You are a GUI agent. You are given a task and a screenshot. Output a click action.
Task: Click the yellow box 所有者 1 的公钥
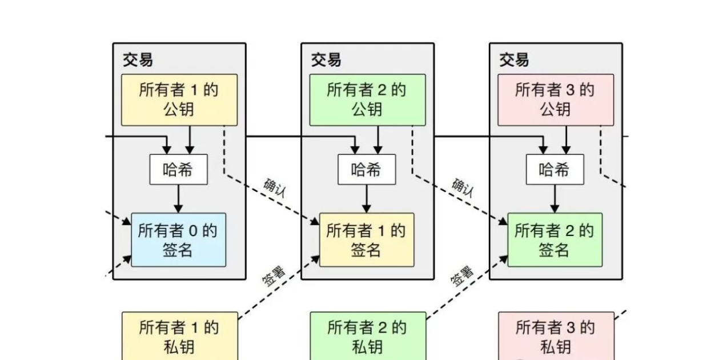(x=179, y=99)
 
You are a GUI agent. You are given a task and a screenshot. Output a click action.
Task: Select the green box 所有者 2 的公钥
(x=367, y=99)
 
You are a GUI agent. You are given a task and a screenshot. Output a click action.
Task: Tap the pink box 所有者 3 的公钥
(x=556, y=99)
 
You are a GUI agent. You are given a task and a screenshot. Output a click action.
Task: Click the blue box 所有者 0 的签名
(x=178, y=240)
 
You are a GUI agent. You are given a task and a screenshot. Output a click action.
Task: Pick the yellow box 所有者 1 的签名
(x=366, y=240)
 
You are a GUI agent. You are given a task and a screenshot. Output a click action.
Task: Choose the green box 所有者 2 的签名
(x=555, y=240)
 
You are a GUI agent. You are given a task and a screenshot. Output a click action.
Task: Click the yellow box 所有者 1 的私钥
(x=179, y=337)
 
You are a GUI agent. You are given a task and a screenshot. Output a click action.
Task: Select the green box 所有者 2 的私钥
(x=367, y=337)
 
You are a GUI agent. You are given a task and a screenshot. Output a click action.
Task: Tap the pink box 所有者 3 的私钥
(x=556, y=337)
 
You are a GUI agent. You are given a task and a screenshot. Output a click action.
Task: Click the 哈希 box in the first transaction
(x=178, y=170)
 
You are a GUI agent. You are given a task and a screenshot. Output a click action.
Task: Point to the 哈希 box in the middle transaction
(x=366, y=170)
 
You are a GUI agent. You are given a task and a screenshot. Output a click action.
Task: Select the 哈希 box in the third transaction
(x=555, y=170)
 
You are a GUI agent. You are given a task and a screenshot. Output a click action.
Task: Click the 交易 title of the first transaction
(x=138, y=59)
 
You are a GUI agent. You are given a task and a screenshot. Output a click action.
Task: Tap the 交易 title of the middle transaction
(x=326, y=59)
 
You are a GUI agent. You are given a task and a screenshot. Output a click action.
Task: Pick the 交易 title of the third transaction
(x=515, y=59)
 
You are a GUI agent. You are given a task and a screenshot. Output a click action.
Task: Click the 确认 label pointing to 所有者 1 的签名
(x=275, y=187)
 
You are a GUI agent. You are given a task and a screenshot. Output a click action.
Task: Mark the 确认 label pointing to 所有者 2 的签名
(x=463, y=187)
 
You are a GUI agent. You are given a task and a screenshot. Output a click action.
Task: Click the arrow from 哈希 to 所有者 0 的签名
(x=178, y=198)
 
